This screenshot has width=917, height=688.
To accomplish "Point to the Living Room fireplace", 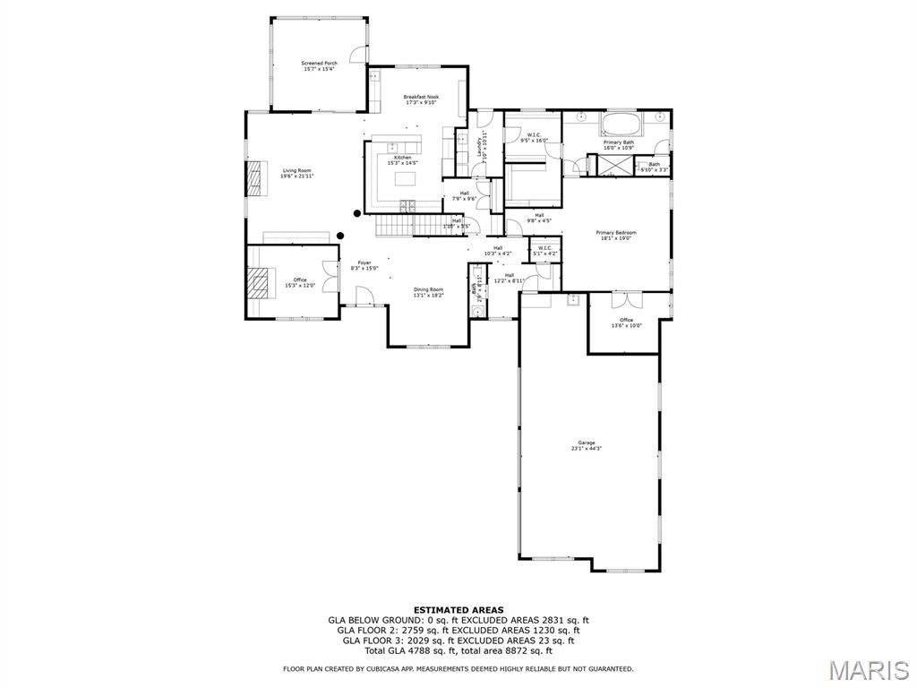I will [256, 177].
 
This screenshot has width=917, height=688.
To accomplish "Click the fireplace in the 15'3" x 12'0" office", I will [257, 283].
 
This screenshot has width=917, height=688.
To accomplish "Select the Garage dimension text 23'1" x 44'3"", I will [587, 447].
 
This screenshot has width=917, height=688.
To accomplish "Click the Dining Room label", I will [428, 291].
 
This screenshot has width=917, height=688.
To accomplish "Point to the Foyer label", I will [364, 264].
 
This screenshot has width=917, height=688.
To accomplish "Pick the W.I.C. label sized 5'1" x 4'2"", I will [545, 251].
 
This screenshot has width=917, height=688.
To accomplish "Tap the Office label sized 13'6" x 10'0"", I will [626, 322].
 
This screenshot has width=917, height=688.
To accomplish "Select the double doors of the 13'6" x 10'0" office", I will [626, 301].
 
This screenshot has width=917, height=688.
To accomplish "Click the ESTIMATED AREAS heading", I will [458, 609].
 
